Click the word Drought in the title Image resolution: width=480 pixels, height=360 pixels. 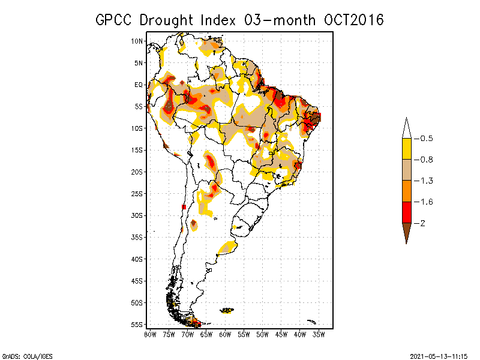[169, 20]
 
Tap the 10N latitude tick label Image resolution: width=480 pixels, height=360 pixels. [137, 41]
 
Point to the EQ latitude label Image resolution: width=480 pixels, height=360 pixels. [138, 85]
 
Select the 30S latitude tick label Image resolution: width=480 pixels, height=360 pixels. [137, 215]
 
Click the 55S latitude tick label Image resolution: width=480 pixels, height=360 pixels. [137, 325]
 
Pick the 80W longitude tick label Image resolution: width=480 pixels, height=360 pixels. [150, 334]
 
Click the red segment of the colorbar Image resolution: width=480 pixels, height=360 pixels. [406, 212]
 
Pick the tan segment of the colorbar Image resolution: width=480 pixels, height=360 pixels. [406, 170]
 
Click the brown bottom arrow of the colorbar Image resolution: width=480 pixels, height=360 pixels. [406, 231]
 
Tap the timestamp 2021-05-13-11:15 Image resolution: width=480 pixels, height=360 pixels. [439, 355]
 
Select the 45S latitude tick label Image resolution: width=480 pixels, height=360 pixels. [137, 281]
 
